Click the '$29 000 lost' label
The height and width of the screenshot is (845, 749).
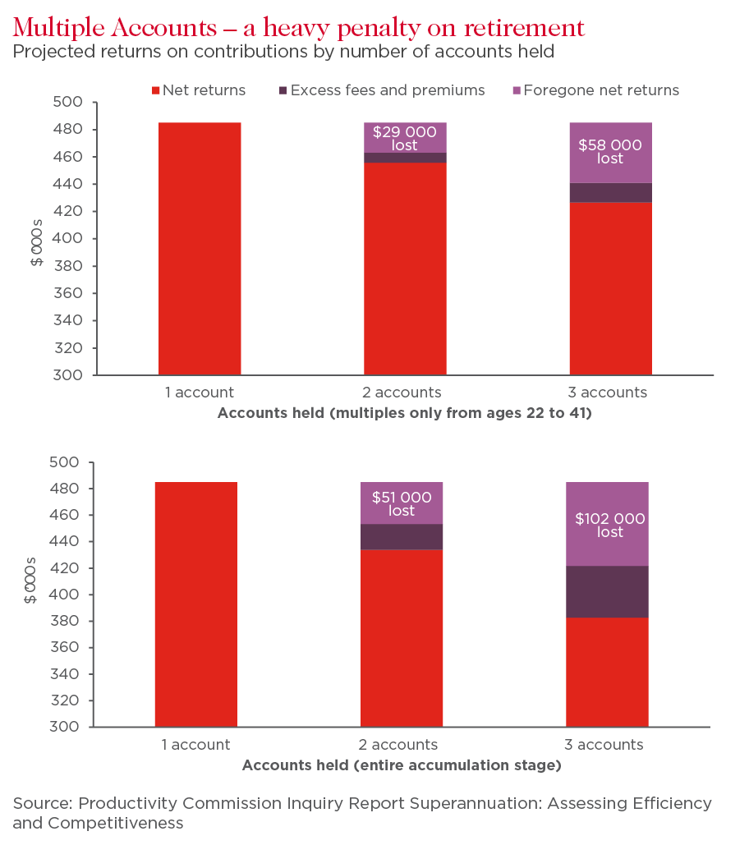[x=404, y=139]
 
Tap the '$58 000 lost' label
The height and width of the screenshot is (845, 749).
[x=610, y=152]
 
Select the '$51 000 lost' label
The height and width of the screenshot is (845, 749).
[x=402, y=503]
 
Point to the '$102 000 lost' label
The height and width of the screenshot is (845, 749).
[x=610, y=526]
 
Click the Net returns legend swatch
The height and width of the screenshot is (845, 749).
[x=156, y=90]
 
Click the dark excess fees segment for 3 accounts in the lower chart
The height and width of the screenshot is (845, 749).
[x=607, y=591]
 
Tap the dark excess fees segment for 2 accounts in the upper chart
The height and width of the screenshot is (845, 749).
[x=405, y=158]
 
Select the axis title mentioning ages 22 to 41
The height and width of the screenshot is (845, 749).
[x=404, y=413]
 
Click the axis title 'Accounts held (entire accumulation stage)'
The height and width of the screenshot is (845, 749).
[x=402, y=765]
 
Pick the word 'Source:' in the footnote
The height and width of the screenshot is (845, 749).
[x=43, y=803]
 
